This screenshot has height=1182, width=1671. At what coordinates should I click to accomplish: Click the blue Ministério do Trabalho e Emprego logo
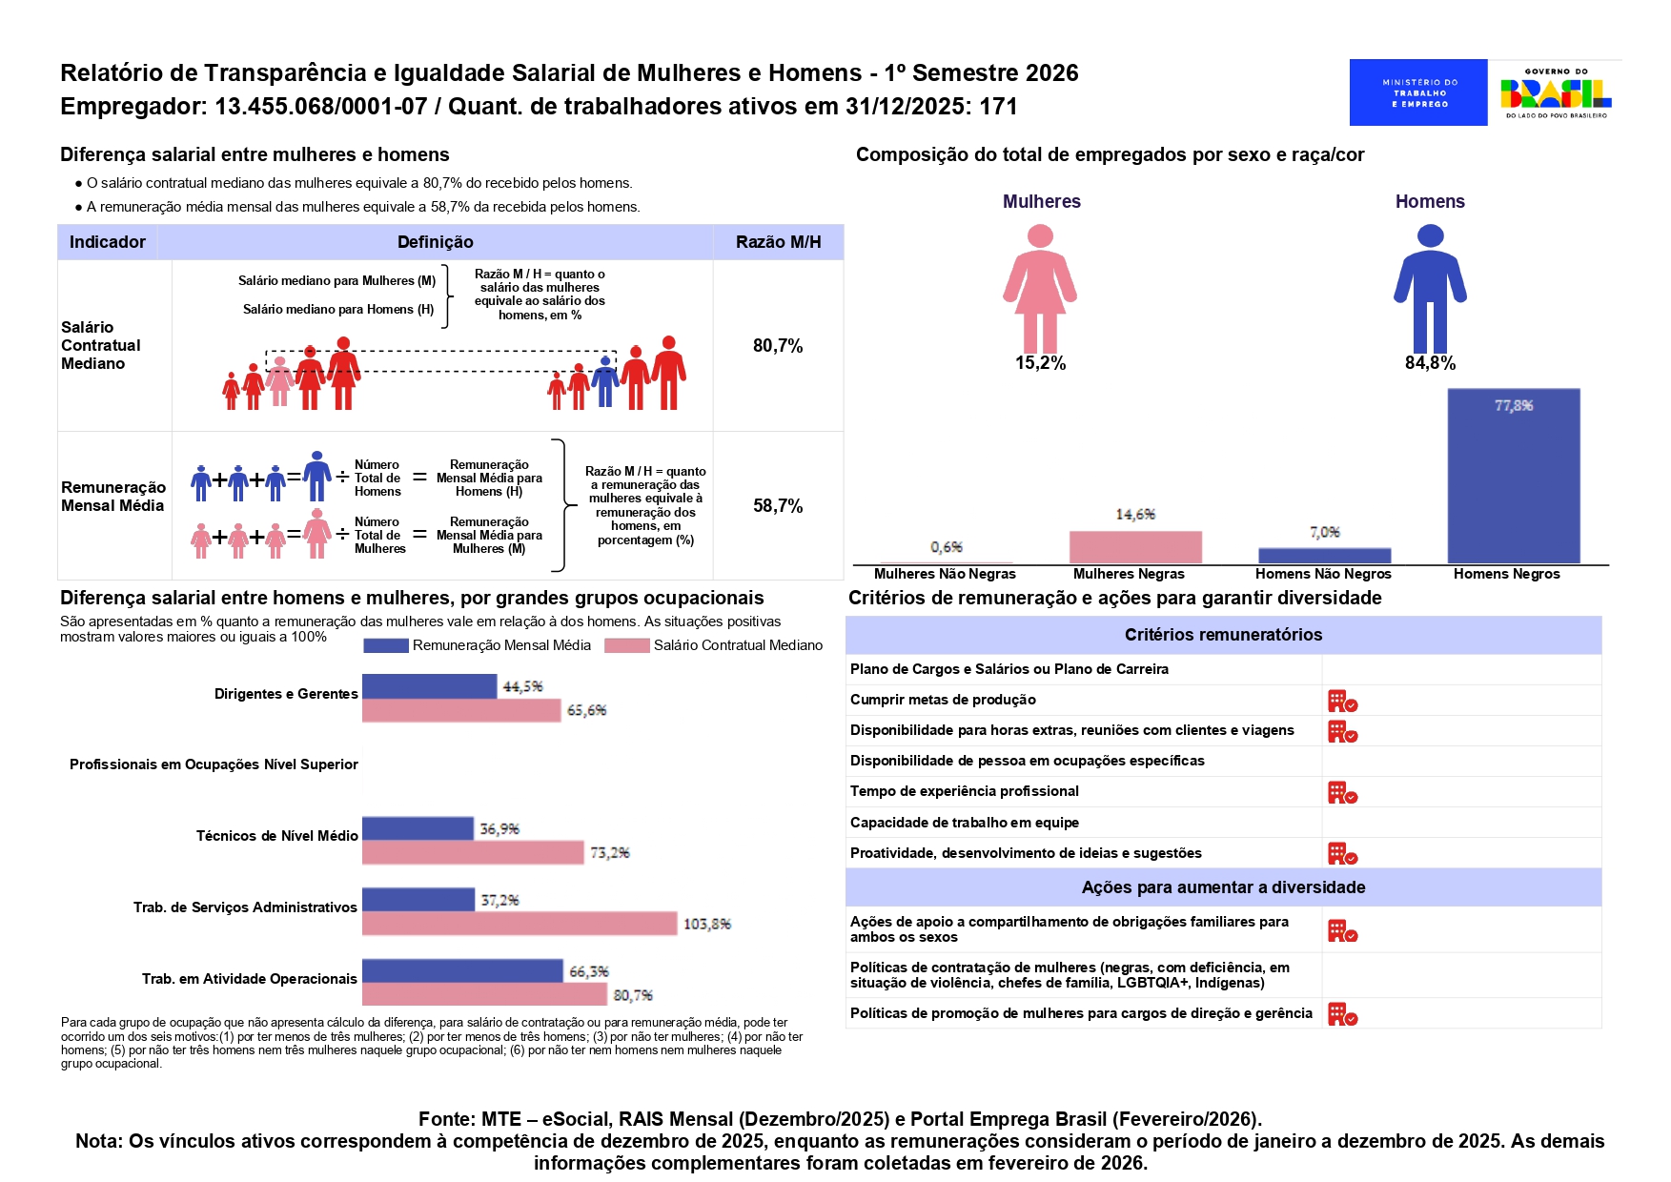tap(1417, 92)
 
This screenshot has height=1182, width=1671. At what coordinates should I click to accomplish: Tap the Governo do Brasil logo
tap(1556, 92)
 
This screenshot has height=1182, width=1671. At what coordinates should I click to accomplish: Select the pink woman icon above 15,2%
tap(1040, 288)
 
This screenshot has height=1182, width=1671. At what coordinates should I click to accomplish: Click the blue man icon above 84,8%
tap(1430, 288)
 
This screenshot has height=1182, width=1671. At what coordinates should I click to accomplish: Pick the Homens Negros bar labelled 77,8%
tap(1513, 476)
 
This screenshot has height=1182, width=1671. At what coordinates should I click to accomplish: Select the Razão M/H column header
tap(778, 242)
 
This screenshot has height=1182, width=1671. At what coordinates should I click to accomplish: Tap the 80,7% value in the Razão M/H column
tap(778, 346)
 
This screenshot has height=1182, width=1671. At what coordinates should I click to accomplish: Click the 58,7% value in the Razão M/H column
tap(778, 506)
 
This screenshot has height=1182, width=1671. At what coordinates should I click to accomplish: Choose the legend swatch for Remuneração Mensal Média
tap(386, 646)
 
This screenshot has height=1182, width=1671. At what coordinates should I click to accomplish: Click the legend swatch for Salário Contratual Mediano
tap(627, 646)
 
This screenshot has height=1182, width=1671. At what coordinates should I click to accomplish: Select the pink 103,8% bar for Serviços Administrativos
tap(520, 924)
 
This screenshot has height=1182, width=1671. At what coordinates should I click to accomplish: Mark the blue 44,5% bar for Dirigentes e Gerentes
tap(429, 686)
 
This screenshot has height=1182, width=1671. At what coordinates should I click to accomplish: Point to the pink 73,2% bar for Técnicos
tap(473, 852)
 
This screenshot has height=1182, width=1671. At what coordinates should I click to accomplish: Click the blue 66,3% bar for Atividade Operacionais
tap(462, 970)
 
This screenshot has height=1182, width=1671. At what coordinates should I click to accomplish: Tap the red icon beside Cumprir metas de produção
tap(1342, 702)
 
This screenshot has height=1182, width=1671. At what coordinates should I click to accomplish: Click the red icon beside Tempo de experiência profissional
tap(1342, 793)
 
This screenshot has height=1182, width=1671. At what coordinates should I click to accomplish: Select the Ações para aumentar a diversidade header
tap(1223, 887)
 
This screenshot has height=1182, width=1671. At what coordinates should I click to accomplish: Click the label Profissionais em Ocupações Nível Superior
tap(214, 764)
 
